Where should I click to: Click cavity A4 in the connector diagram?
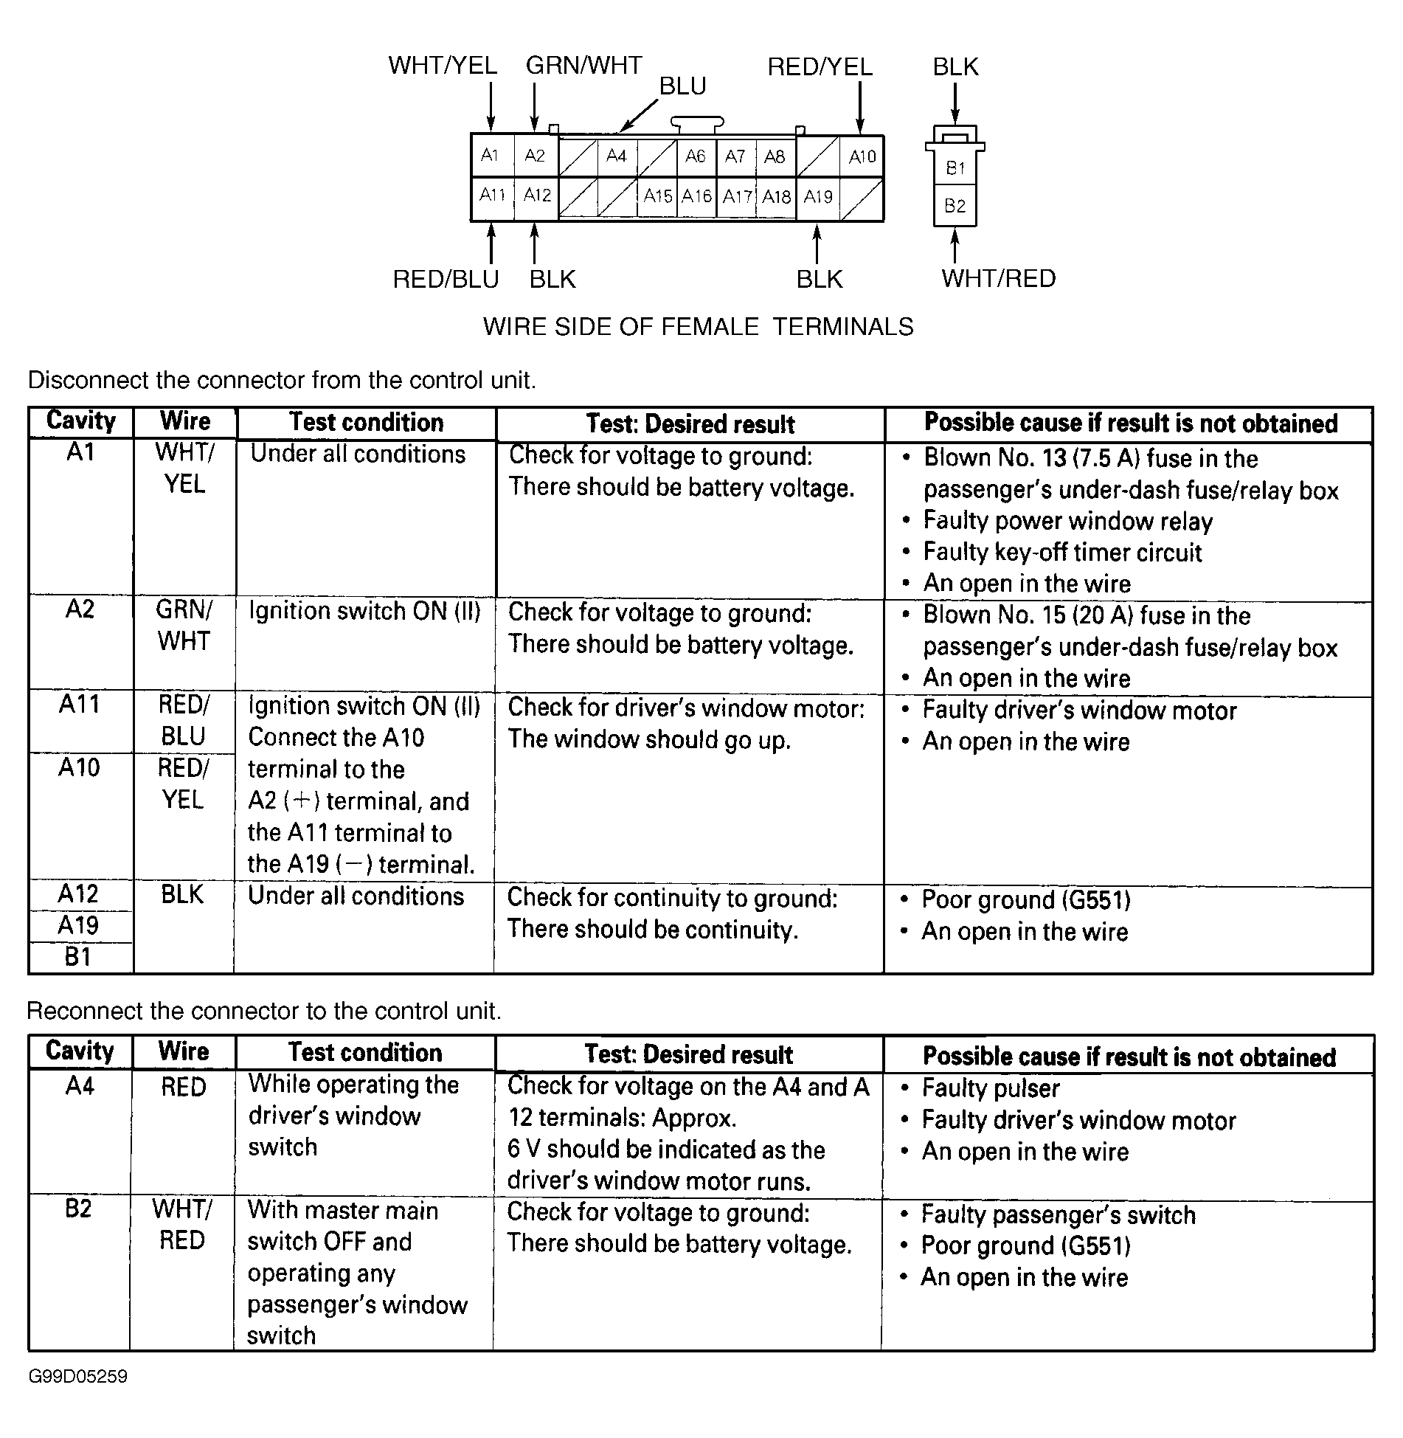(616, 156)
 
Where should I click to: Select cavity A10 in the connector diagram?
(862, 156)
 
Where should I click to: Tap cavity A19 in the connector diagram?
(818, 197)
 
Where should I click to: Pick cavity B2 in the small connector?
(955, 206)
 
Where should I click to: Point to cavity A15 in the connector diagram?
(657, 196)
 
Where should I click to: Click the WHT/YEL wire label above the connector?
(443, 66)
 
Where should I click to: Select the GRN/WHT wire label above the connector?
(583, 66)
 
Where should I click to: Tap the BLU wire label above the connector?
(682, 86)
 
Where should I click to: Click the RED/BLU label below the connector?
(446, 280)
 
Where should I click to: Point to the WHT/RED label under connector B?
(998, 279)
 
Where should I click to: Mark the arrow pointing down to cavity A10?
(860, 108)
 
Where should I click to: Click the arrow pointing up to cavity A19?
(817, 244)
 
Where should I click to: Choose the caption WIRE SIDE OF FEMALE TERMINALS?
(698, 326)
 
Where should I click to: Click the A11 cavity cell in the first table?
(80, 705)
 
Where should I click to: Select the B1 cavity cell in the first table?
(78, 957)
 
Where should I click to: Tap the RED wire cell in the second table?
(183, 1088)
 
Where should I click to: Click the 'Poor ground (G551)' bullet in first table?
(1025, 900)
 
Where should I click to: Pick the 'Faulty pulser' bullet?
(990, 1088)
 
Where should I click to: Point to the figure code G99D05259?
(78, 1377)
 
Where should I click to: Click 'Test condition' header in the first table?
(366, 423)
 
